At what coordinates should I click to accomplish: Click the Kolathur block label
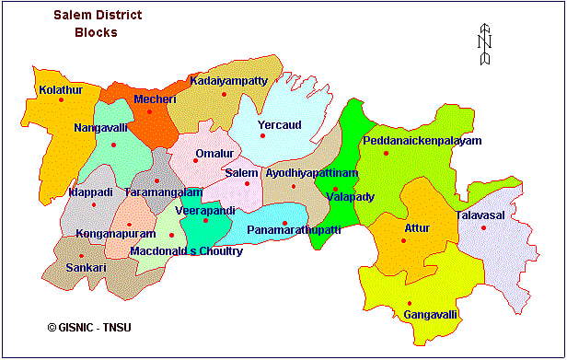tap(61, 90)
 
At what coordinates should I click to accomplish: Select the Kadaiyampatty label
tap(229, 81)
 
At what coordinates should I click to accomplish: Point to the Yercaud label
tap(280, 124)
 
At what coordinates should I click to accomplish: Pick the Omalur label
tap(214, 153)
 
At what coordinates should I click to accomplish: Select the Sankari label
tap(87, 267)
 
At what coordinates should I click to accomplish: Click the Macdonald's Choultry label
tap(187, 250)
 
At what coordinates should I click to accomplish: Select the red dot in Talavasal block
tap(482, 227)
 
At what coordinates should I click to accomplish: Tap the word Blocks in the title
tap(96, 33)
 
